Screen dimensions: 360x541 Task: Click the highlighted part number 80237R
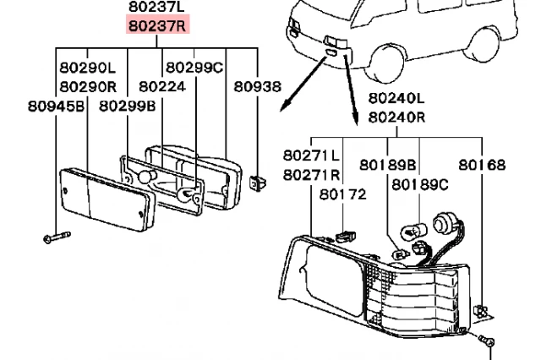tap(158, 25)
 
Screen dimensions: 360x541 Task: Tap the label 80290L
tap(87, 66)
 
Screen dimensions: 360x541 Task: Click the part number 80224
tap(161, 86)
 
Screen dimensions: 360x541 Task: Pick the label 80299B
tap(127, 106)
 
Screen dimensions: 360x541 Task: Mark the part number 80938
tap(257, 86)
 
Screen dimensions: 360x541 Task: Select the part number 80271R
tap(311, 175)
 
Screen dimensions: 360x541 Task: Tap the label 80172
tap(343, 194)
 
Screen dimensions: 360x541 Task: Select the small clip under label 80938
tap(258, 182)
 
